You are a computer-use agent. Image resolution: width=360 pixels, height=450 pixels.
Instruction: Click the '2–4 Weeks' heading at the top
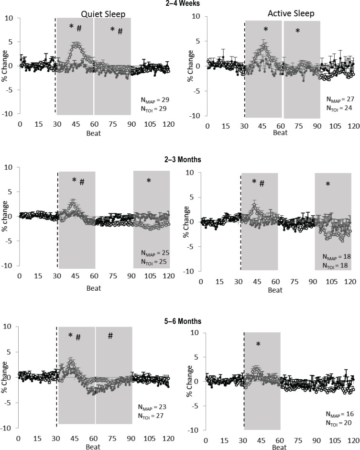[x=179, y=3]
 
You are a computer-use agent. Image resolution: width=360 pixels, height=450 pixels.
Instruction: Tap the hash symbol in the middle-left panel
[x=82, y=182]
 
